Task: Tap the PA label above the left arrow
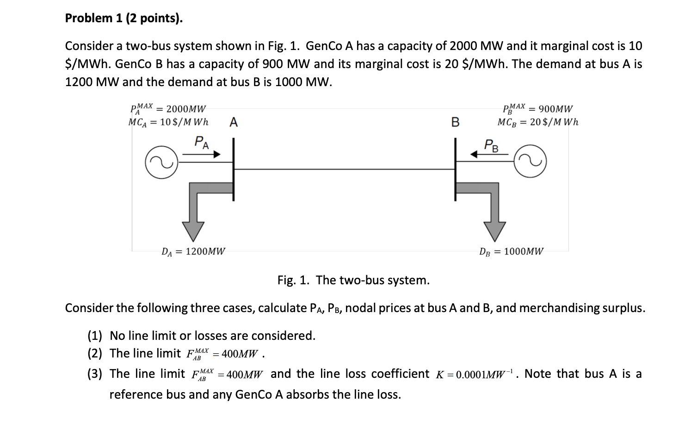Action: coord(201,142)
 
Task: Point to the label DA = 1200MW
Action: coord(193,252)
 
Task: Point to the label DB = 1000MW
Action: coord(512,252)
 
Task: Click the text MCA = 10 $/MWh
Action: coord(168,122)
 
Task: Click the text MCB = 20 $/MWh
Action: coord(538,122)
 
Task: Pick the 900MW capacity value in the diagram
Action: coord(556,109)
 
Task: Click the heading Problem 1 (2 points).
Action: coord(123,18)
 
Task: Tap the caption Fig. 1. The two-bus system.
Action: coord(353,280)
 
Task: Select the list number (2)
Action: coord(95,354)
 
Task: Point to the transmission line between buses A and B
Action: coord(345,169)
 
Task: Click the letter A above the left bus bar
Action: coord(234,122)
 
